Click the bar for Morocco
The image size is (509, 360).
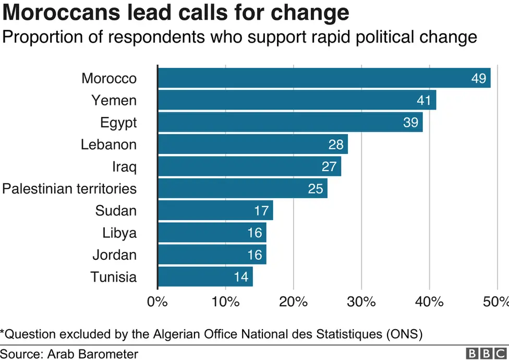pyautogui.click(x=323, y=78)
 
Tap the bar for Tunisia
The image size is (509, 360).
pyautogui.click(x=205, y=277)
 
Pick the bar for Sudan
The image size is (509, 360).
pyautogui.click(x=215, y=211)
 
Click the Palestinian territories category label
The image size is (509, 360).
pyautogui.click(x=69, y=188)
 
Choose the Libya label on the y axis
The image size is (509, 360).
pyautogui.click(x=119, y=233)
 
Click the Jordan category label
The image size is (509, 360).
pyautogui.click(x=114, y=255)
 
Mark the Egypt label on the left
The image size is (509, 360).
pyautogui.click(x=118, y=123)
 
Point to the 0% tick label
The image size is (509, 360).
pyautogui.click(x=157, y=302)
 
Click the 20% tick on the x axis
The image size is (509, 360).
pyautogui.click(x=294, y=302)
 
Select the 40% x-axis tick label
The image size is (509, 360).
pyautogui.click(x=429, y=302)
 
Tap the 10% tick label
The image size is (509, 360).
pyautogui.click(x=226, y=302)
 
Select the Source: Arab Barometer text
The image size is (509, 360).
pyautogui.click(x=69, y=354)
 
